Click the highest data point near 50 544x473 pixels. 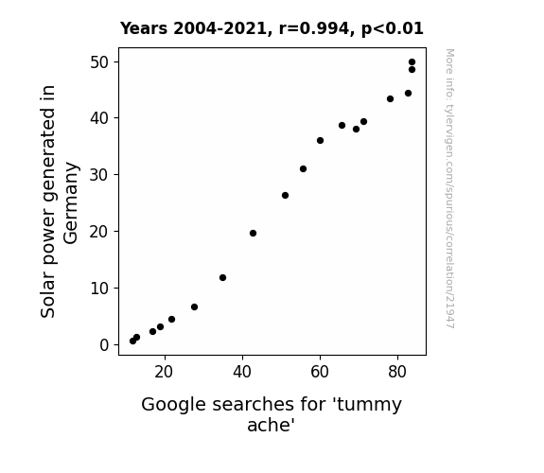tap(412, 62)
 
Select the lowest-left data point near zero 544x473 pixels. tap(132, 342)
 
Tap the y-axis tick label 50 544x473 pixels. tap(99, 62)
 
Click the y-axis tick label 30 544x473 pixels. tap(99, 175)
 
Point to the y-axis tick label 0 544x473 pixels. tap(104, 345)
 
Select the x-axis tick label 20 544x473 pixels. tap(164, 372)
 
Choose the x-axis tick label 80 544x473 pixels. tap(397, 372)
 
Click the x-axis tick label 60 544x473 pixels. tap(320, 372)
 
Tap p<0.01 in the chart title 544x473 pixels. tap(393, 29)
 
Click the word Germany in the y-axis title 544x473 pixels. tap(71, 203)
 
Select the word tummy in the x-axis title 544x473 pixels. tap(369, 405)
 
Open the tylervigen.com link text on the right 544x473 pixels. tap(449, 188)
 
